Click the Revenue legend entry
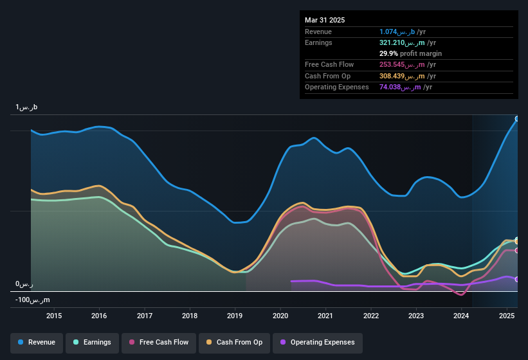37,342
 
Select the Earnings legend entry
93,342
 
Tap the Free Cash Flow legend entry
159,342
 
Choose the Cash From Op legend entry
234,342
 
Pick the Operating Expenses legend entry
318,342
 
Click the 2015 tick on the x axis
54,316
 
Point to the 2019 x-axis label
235,316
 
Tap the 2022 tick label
370,316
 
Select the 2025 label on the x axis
507,316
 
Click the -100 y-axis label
33,300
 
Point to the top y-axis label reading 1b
27,107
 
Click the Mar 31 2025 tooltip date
325,20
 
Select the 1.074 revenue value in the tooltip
399,32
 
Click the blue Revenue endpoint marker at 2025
517,119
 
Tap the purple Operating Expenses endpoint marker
517,279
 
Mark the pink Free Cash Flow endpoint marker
517,250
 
